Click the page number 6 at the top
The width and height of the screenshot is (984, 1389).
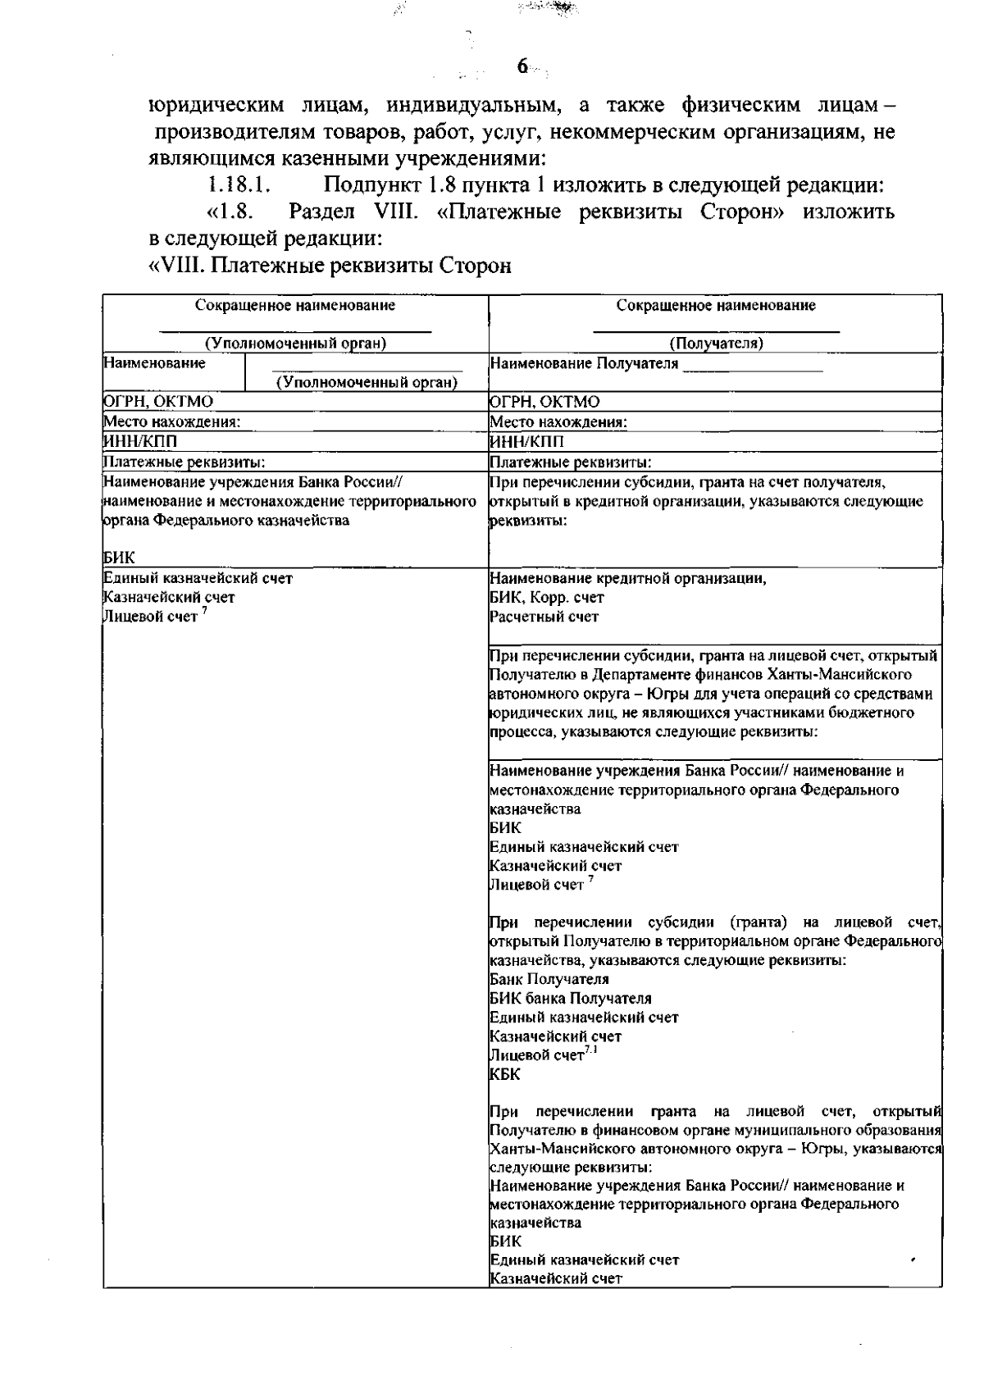pos(522,67)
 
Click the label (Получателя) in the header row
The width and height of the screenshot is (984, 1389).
pos(716,344)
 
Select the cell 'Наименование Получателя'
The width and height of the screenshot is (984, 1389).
pos(584,363)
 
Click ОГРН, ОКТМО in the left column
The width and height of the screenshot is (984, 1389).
pos(158,402)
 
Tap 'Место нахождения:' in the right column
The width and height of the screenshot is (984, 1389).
pos(558,422)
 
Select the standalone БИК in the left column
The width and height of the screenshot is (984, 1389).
pos(120,558)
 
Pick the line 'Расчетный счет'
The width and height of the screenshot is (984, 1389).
pos(544,617)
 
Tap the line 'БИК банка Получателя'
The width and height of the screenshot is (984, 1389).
pos(570,999)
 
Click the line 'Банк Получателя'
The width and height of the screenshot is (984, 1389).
pos(549,979)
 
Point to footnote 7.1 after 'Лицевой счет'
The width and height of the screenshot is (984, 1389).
pos(590,1051)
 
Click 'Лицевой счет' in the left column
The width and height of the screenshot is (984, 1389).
pos(151,617)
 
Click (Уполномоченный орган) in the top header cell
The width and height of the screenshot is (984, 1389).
pos(295,344)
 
